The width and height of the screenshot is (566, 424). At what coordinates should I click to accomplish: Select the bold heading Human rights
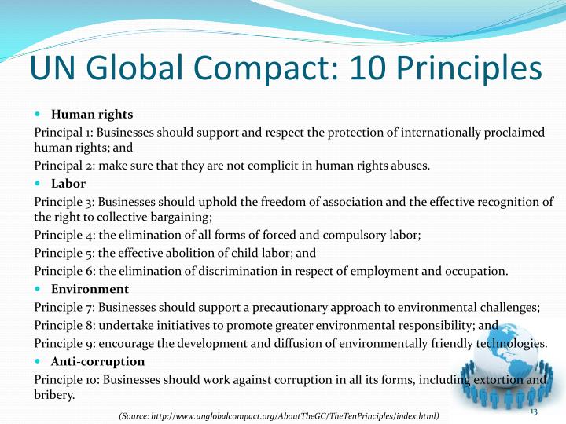(x=92, y=115)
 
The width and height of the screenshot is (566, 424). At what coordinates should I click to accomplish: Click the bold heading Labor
(x=68, y=184)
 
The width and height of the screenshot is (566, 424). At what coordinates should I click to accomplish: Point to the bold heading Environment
(x=90, y=289)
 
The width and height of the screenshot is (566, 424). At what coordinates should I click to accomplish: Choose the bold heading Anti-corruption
(x=97, y=361)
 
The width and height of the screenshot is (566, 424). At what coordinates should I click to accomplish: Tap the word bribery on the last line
(x=53, y=395)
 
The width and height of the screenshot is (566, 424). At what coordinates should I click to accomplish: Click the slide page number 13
(x=532, y=413)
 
